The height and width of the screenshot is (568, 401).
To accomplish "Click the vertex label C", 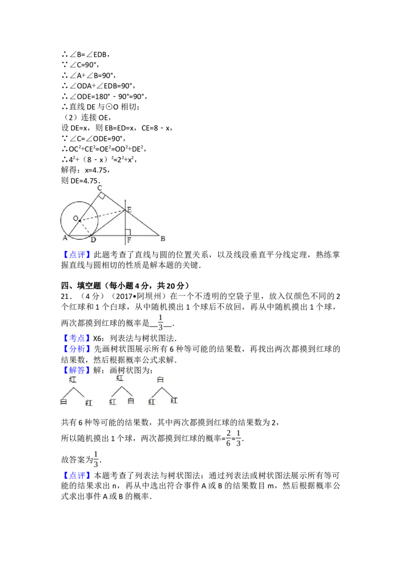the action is click(100, 188).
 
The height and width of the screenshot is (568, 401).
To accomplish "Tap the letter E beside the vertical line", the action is click(129, 209).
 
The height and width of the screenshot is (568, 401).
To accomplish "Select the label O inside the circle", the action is click(75, 218).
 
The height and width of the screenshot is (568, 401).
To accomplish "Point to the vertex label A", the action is click(65, 238).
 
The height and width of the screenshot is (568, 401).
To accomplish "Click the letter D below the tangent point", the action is click(93, 240).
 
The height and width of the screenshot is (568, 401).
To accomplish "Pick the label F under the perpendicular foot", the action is click(129, 240).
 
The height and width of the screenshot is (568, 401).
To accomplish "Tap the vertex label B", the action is click(162, 239).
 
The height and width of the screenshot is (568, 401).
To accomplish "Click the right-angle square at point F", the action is click(128, 232).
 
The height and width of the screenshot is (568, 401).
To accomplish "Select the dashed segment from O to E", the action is click(103, 215).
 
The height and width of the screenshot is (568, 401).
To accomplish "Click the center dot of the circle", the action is click(79, 221).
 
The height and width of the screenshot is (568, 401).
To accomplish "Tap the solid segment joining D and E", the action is click(108, 222).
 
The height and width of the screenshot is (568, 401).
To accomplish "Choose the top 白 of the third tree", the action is click(160, 380).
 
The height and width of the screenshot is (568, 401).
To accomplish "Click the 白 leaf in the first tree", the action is click(64, 401).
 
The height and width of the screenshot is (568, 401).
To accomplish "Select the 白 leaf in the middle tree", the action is click(131, 401).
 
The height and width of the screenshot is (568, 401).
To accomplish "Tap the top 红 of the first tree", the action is click(73, 379).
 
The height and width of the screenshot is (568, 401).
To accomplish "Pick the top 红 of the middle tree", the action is click(120, 378).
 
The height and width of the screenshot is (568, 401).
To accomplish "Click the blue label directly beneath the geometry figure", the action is click(78, 255).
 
